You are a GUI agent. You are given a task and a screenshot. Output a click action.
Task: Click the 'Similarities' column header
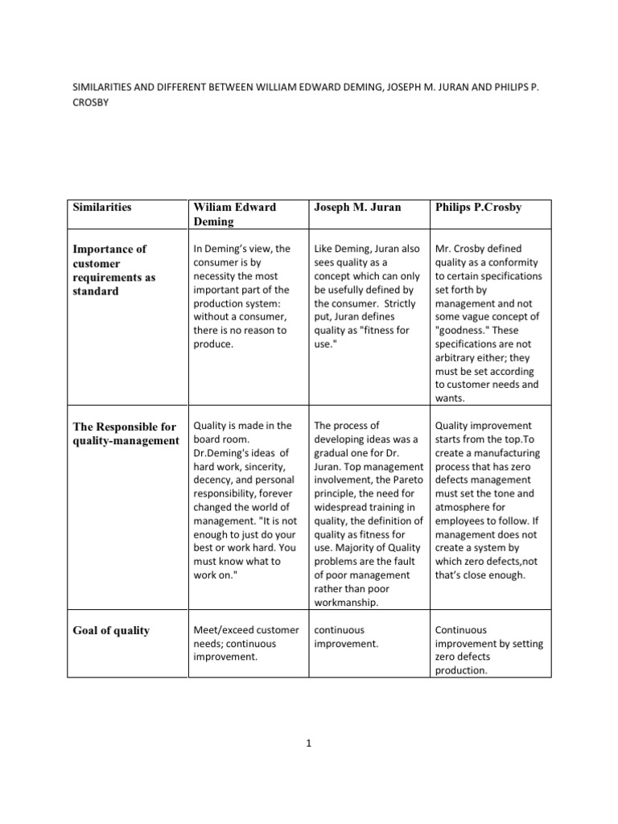click(101, 208)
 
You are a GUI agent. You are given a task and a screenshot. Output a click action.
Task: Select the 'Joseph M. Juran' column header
click(356, 208)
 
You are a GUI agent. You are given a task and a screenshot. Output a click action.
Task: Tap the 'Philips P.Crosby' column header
click(478, 208)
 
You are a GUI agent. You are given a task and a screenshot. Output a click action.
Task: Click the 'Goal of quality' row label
click(110, 631)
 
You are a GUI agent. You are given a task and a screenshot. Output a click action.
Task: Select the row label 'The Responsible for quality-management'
click(123, 433)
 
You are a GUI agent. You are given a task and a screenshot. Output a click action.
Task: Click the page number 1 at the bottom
click(309, 744)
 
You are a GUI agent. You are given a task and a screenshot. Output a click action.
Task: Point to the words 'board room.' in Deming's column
click(220, 439)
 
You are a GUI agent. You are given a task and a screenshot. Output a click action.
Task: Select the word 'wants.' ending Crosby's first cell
click(449, 398)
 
